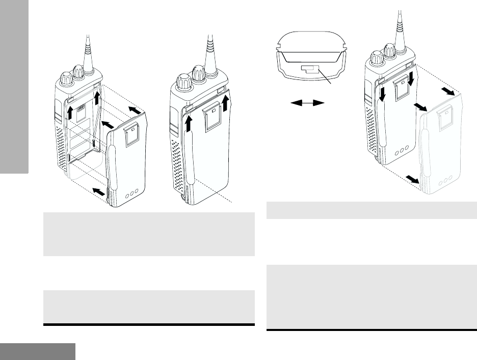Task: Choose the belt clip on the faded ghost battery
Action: coord(440,123)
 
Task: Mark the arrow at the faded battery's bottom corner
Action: coord(411,180)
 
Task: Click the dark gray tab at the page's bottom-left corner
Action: coord(38,351)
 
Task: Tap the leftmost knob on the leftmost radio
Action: coord(66,79)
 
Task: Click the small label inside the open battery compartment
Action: coord(79,111)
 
